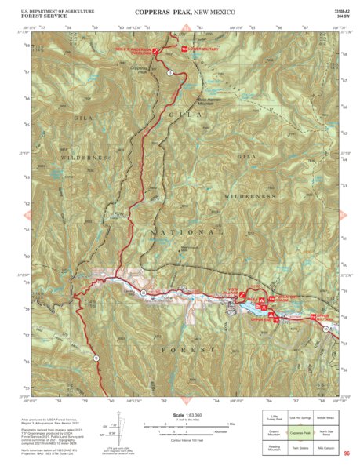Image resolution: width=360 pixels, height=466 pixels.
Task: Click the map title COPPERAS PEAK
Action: point(162,12)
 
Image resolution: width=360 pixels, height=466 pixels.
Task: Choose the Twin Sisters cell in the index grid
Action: point(300,446)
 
